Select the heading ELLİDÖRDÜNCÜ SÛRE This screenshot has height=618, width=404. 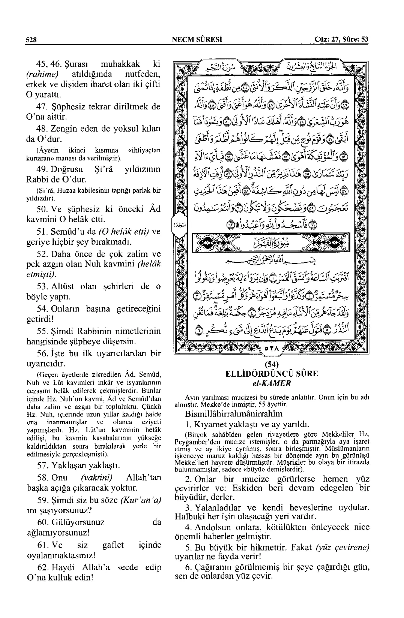[271, 373]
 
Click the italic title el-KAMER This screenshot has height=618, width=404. [271, 383]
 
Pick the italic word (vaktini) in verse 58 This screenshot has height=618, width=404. [97, 477]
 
